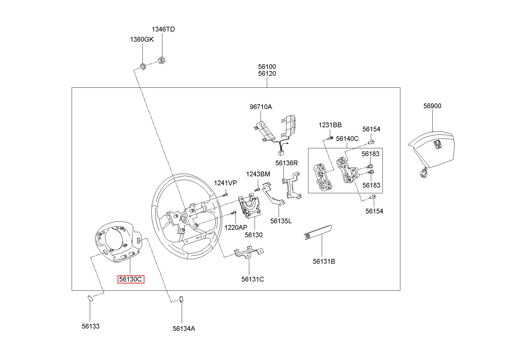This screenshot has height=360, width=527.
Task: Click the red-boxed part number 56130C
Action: [131, 279]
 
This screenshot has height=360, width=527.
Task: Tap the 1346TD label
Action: [163, 29]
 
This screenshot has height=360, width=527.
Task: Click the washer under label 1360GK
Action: [143, 66]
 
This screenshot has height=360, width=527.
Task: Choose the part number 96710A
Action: [261, 107]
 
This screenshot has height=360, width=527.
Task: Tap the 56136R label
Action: [286, 163]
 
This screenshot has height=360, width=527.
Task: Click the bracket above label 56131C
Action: [248, 252]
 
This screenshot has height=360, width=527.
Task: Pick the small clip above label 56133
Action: [90, 298]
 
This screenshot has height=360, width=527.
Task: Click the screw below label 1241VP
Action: [225, 195]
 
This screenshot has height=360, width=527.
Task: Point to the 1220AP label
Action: [236, 227]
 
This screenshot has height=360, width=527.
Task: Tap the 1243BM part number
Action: [258, 174]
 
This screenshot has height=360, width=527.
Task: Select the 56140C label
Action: [347, 139]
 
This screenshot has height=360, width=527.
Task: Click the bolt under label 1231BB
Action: [330, 138]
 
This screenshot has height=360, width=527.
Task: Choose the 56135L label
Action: [281, 221]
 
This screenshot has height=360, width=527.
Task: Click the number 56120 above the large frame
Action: [267, 74]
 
